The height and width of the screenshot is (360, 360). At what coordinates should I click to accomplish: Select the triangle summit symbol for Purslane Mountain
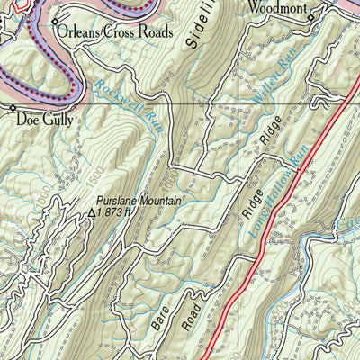click(92, 213)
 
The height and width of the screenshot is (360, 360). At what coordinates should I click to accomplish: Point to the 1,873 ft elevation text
click(116, 213)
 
